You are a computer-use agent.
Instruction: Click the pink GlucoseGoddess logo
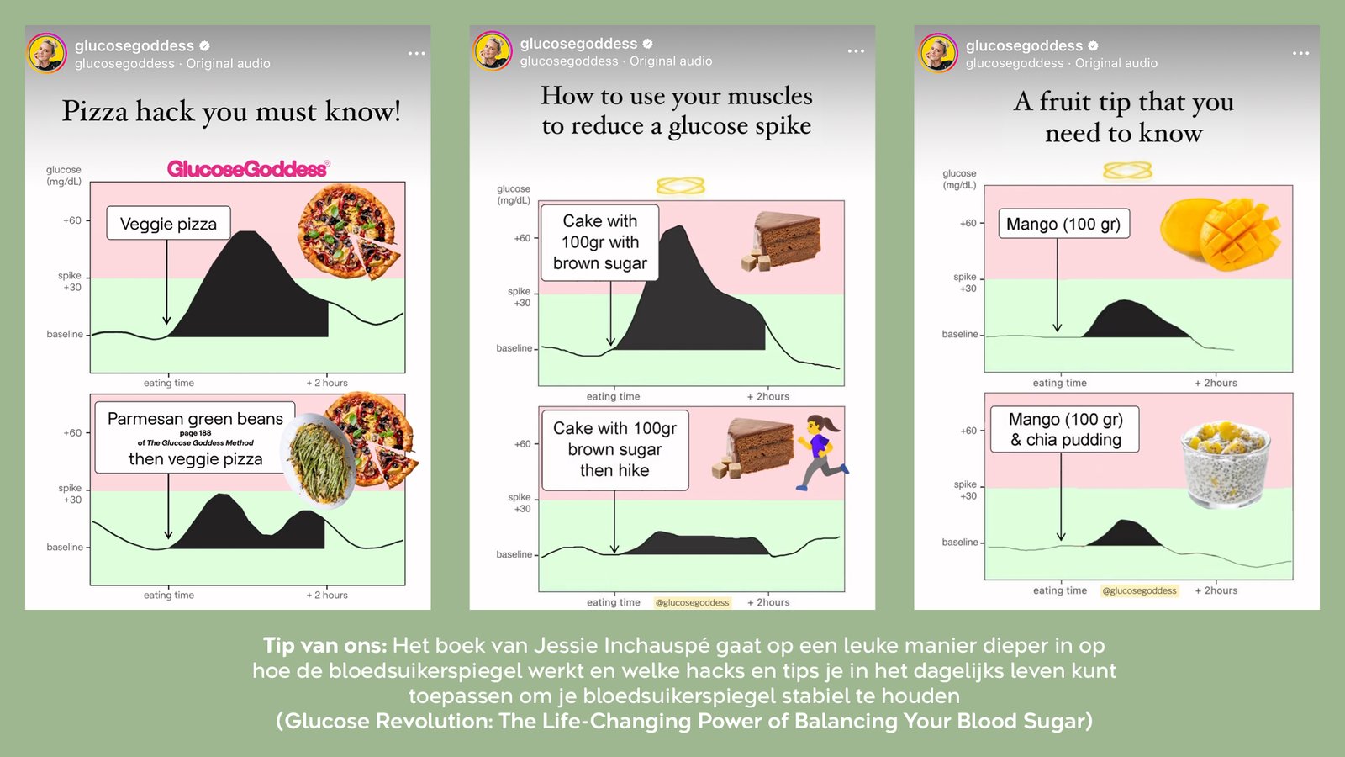pos(248,169)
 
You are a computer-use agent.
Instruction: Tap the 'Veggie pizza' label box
pos(169,224)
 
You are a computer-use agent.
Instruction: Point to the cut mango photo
pos(1220,234)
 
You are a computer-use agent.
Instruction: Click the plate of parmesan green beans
pos(319,460)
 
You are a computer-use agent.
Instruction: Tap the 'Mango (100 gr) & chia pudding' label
pos(1065,429)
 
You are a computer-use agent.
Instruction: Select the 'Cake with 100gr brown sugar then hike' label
pos(614,449)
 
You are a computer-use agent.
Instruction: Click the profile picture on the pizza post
pos(47,53)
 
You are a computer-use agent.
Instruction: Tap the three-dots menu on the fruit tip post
pos(1300,53)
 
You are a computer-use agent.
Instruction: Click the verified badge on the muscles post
pos(648,43)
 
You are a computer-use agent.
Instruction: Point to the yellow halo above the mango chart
pos(1127,171)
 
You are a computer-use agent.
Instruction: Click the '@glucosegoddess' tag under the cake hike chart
pos(693,602)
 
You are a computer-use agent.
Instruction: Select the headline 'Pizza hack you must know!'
pos(231,111)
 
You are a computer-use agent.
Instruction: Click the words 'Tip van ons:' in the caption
pos(324,645)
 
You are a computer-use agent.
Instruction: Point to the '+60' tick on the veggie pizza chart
pos(72,220)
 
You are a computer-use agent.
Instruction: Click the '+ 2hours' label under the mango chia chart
pos(1216,590)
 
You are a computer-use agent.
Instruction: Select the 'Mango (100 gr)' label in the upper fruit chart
pos(1063,224)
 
